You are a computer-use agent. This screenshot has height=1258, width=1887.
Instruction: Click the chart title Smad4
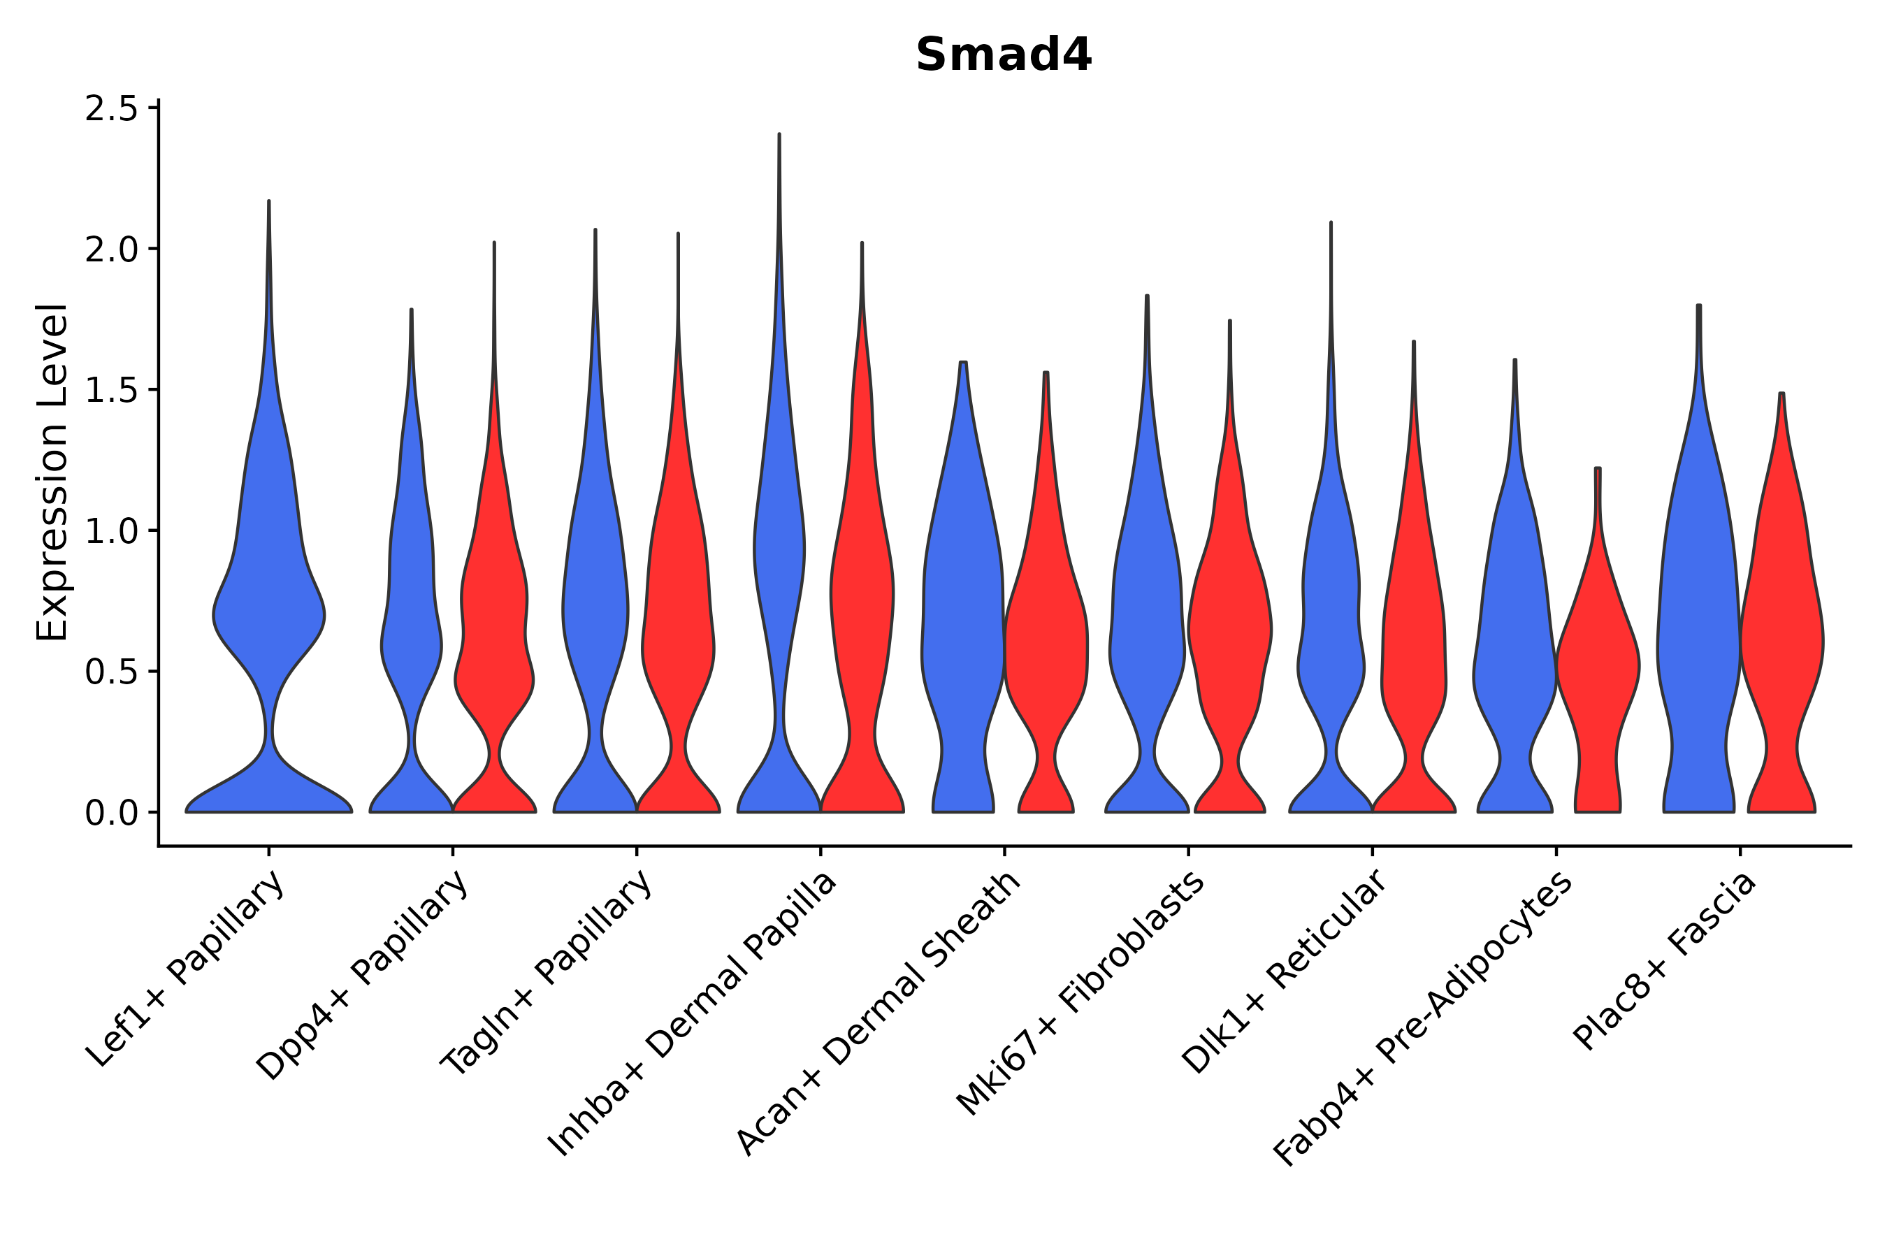coord(1003,55)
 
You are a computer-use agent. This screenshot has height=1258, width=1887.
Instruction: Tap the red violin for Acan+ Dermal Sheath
coord(1046,642)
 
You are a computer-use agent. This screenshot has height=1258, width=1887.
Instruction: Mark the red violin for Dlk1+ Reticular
coord(1414,642)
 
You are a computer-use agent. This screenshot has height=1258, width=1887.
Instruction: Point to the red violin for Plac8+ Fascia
coord(1781,642)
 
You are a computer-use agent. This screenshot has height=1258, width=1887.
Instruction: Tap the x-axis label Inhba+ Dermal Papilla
coord(693,1014)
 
